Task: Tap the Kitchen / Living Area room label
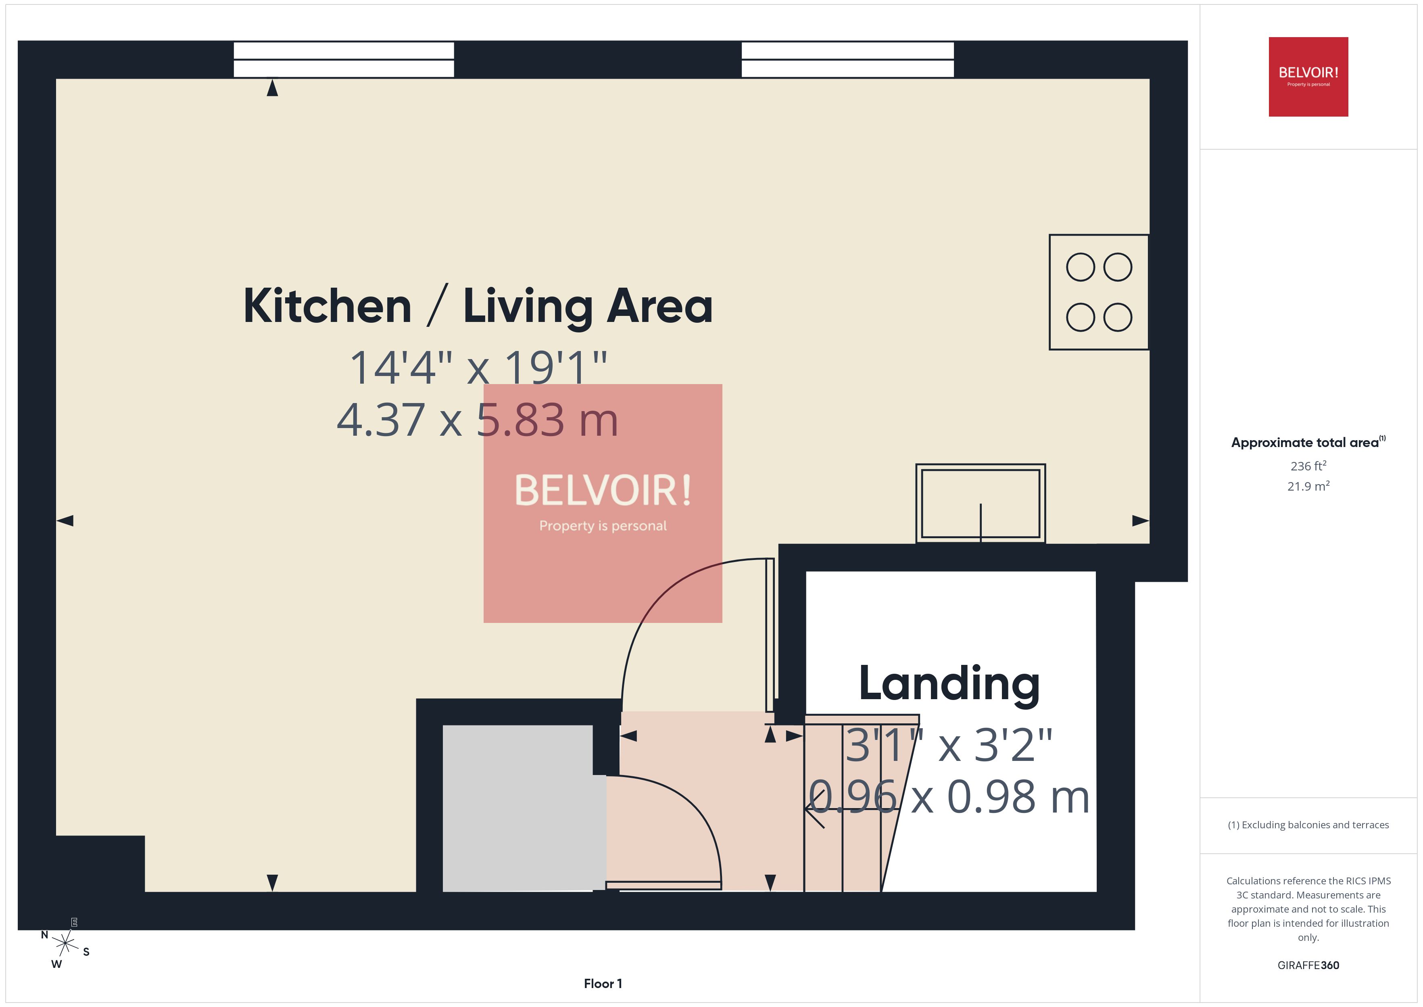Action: click(478, 306)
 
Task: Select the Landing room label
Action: click(949, 683)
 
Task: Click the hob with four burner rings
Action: click(1098, 292)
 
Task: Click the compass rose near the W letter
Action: click(65, 944)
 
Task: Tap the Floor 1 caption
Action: click(603, 984)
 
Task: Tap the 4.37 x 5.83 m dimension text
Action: click(477, 420)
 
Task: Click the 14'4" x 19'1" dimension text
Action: click(478, 367)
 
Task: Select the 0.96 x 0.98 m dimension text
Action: click(949, 797)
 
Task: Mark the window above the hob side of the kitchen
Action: click(847, 60)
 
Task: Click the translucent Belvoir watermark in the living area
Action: click(603, 503)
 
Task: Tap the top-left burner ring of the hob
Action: click(1080, 267)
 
